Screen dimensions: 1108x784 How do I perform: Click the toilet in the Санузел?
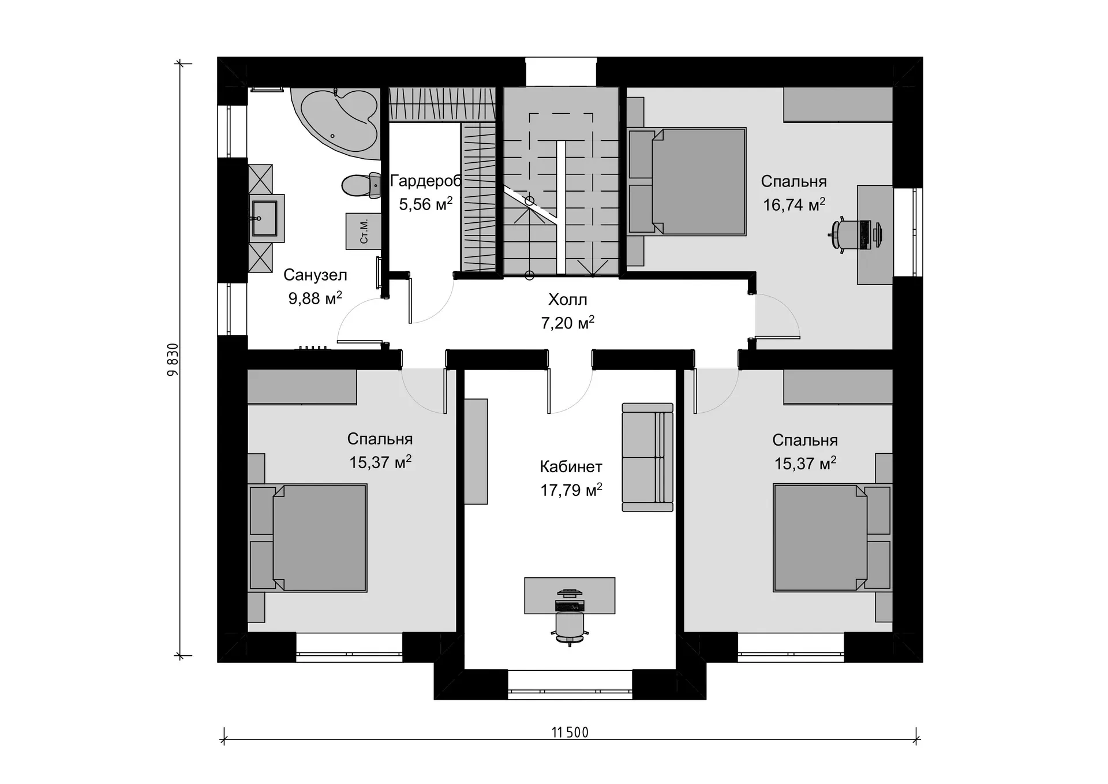361,185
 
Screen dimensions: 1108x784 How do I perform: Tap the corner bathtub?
336,122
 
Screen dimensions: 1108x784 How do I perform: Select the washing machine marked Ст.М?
364,231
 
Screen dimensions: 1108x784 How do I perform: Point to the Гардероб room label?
426,181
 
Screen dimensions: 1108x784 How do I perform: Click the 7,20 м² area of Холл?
568,323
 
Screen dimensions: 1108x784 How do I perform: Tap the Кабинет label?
571,466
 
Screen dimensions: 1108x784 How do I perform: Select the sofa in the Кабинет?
647,457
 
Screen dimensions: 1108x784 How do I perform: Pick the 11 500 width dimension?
570,733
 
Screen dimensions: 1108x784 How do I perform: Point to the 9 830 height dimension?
173,360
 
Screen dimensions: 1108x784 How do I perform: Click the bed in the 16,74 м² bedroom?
687,181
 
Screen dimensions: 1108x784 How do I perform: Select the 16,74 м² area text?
794,204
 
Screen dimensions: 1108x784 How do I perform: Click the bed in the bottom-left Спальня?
308,538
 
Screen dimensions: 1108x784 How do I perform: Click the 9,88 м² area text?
315,298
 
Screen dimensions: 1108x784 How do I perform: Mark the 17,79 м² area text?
571,490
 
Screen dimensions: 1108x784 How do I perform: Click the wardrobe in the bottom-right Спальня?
838,387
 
